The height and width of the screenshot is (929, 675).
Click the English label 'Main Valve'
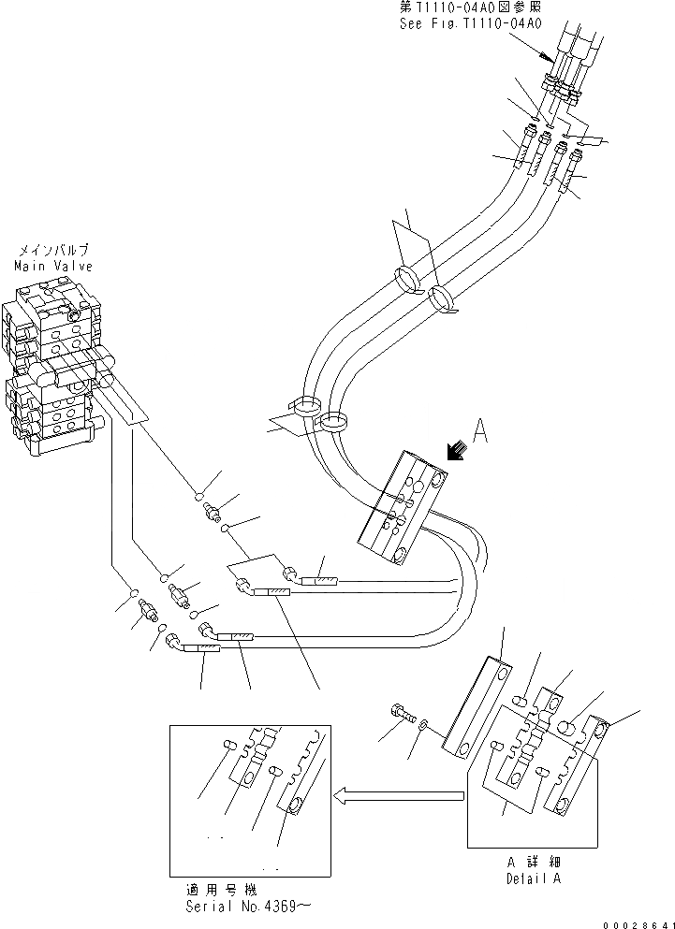(51, 266)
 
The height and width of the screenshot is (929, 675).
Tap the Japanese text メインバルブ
(52, 251)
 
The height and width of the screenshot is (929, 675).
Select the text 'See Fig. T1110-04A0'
(469, 22)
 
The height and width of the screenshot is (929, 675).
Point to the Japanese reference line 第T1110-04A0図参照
(469, 7)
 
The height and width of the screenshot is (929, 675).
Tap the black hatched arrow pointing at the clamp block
(458, 451)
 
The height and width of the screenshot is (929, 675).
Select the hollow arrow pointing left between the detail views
(400, 796)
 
